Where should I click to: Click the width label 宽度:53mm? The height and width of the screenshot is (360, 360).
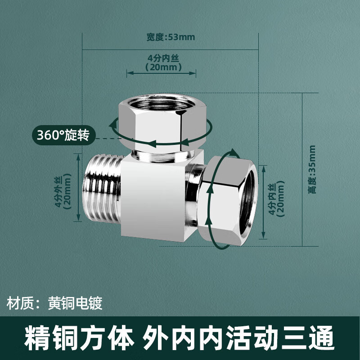(x=171, y=37)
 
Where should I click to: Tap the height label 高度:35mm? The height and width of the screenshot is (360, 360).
(x=312, y=170)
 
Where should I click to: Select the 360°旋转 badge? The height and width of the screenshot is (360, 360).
(x=63, y=135)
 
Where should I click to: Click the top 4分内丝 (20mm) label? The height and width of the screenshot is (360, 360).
(x=163, y=63)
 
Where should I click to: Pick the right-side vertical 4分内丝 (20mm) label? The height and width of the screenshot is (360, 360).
(x=276, y=198)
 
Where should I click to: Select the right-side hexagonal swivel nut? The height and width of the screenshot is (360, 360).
(x=227, y=201)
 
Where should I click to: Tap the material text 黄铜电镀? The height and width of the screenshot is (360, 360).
(x=75, y=303)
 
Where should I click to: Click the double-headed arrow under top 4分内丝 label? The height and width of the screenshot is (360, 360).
(x=161, y=73)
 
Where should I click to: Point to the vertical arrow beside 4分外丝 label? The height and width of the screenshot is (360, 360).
(x=78, y=188)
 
